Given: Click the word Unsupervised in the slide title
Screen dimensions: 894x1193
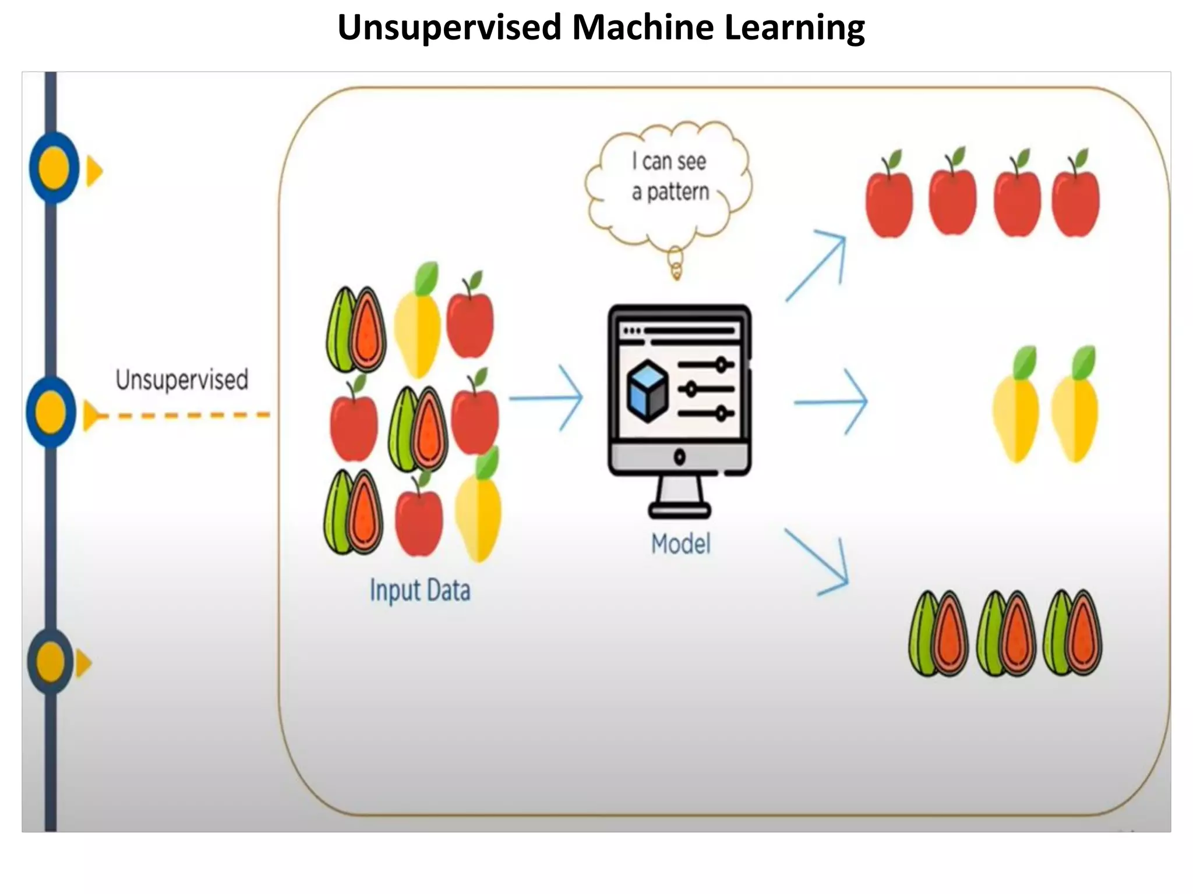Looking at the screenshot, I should click(x=449, y=27).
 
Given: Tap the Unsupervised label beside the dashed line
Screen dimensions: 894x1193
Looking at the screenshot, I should click(x=182, y=379).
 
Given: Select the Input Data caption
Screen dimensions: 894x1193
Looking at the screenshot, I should click(x=420, y=590).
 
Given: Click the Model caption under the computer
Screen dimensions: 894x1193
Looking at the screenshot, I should click(x=680, y=544).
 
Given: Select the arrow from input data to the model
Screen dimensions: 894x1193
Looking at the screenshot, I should click(x=546, y=398).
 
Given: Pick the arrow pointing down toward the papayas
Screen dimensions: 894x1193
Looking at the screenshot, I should click(x=818, y=562).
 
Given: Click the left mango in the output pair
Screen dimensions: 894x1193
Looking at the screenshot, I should click(x=1016, y=410).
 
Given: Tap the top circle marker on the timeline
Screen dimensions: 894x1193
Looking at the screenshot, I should click(x=54, y=168).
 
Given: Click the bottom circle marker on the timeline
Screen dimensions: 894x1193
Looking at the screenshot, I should click(x=51, y=662).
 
